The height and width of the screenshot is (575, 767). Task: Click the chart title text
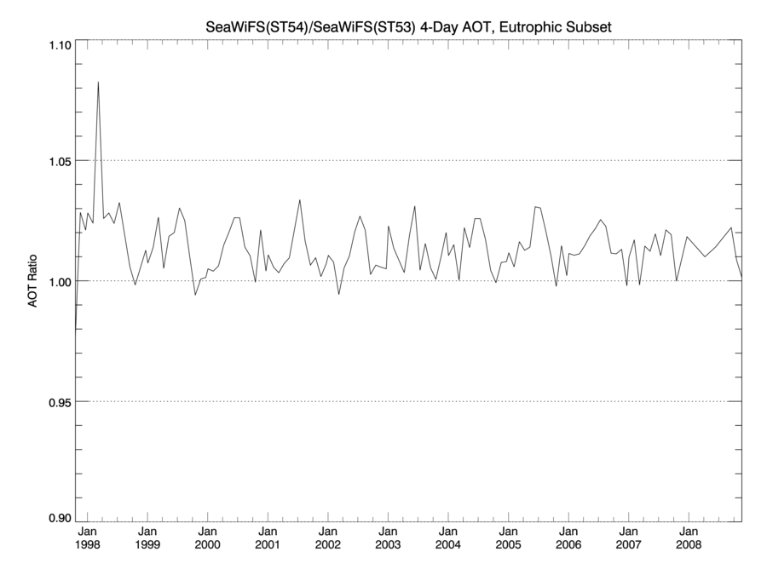click(409, 28)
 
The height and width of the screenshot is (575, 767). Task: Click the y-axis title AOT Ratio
click(33, 280)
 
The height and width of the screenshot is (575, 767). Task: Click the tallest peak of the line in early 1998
click(98, 83)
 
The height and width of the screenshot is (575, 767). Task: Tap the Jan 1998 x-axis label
click(88, 537)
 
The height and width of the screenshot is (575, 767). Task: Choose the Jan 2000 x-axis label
click(208, 537)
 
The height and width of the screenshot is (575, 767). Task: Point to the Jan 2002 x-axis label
click(328, 537)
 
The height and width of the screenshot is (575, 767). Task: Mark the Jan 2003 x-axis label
click(388, 537)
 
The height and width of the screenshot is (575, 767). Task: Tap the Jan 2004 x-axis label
click(448, 537)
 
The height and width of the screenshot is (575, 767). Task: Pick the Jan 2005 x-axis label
click(508, 537)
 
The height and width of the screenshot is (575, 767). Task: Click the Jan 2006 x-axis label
click(568, 537)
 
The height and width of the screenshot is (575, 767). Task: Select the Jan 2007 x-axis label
click(628, 537)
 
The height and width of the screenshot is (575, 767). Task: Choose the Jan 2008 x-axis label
click(689, 537)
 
